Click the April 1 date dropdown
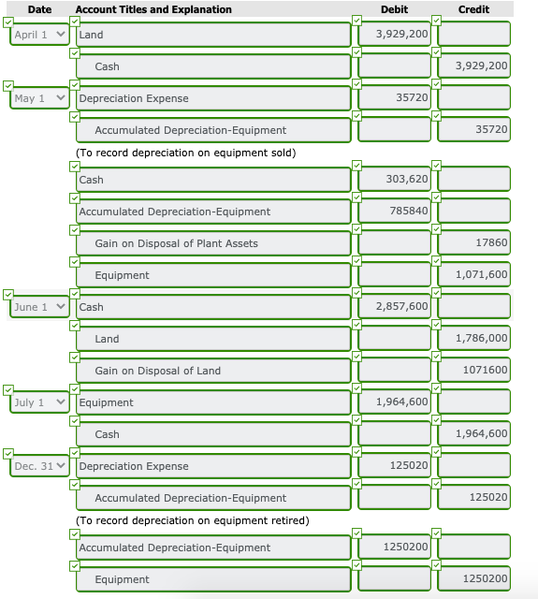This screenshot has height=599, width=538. click(x=40, y=35)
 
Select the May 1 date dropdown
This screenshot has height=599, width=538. click(x=40, y=98)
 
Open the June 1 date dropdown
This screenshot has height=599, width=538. click(x=40, y=307)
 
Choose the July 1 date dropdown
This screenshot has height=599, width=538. click(x=40, y=402)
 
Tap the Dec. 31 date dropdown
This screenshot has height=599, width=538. click(x=40, y=466)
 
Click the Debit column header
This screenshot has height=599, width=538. click(x=394, y=9)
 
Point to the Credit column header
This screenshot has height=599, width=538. click(x=474, y=9)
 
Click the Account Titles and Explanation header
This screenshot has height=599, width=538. click(x=153, y=9)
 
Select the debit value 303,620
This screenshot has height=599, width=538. click(x=394, y=180)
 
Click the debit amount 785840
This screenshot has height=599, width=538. click(x=394, y=212)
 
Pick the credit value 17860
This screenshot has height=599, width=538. click(x=474, y=243)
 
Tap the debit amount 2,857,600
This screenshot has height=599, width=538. click(x=394, y=307)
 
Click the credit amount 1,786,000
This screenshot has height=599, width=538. click(x=474, y=339)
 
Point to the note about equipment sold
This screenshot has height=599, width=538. click(x=185, y=153)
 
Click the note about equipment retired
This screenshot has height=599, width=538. click(x=192, y=520)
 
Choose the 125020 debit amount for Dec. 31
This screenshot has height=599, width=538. click(x=394, y=466)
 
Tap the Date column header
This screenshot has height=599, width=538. click(x=39, y=9)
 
